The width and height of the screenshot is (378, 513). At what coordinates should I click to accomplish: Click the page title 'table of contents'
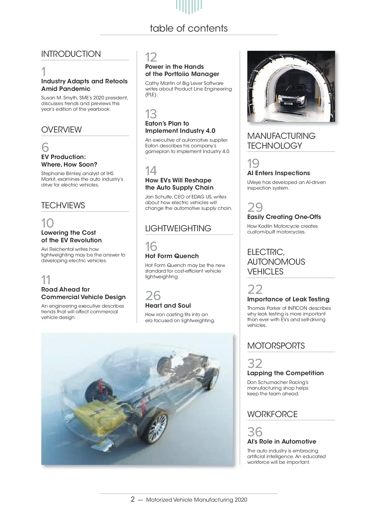click(188, 28)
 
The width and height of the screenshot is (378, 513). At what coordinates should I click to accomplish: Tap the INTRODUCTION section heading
click(71, 54)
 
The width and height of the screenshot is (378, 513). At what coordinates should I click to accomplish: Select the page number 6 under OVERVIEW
click(45, 147)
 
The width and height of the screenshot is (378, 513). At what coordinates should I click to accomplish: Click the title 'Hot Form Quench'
click(172, 256)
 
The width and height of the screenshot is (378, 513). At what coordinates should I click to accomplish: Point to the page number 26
click(153, 296)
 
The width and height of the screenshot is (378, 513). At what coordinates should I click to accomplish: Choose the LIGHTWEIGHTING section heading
click(178, 228)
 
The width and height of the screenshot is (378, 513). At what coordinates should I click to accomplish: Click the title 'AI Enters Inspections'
click(278, 173)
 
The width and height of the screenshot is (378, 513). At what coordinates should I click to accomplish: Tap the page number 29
click(255, 207)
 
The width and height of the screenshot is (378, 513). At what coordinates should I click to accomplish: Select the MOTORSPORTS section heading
click(276, 346)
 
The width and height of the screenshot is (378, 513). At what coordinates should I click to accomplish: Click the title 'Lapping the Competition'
click(285, 373)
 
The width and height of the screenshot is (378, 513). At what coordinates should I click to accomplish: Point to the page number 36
click(255, 432)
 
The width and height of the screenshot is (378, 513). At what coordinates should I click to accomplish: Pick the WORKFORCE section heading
click(272, 414)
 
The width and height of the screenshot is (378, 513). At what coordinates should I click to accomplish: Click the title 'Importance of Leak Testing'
click(288, 299)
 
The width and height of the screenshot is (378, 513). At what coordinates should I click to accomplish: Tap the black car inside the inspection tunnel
click(291, 96)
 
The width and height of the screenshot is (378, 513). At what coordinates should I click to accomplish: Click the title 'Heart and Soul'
click(168, 305)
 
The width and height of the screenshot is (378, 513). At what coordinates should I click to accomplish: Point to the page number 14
click(151, 171)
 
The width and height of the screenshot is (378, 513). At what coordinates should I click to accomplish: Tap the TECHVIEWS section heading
click(63, 205)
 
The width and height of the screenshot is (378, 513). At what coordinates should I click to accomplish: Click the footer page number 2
click(133, 499)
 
